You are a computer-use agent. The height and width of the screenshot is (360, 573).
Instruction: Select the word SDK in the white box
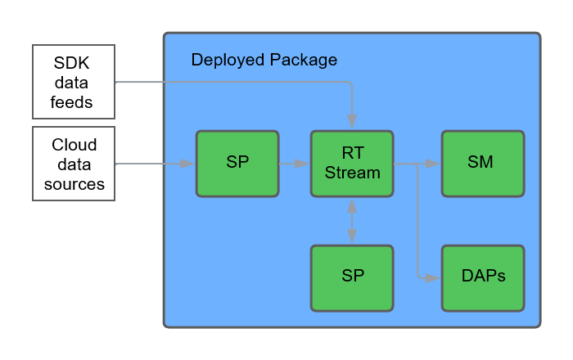click(74, 64)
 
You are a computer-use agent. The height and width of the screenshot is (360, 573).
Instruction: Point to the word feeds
click(74, 102)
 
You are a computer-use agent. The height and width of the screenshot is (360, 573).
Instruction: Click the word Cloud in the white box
click(74, 146)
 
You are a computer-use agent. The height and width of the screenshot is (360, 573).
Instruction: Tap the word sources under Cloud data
click(74, 184)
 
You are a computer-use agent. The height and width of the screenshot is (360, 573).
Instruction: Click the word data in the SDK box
click(74, 83)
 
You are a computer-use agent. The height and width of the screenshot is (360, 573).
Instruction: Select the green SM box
click(482, 164)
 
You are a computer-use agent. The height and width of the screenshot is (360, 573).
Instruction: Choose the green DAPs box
click(482, 277)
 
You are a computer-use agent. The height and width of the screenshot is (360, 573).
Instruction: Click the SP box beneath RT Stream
click(351, 277)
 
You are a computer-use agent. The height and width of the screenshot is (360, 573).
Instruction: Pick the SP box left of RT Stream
click(237, 164)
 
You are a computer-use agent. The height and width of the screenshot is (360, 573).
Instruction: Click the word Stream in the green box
click(352, 173)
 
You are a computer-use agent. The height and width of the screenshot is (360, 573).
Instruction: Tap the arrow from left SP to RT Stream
click(294, 164)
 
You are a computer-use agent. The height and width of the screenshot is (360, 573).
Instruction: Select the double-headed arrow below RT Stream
click(352, 221)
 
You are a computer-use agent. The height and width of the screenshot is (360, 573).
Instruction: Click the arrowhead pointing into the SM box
click(434, 164)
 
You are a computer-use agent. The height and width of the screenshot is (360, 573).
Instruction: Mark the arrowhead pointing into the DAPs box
click(434, 278)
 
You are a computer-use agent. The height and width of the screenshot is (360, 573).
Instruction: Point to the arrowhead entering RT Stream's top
click(352, 123)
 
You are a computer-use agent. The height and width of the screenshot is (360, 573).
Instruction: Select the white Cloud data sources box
click(74, 164)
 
